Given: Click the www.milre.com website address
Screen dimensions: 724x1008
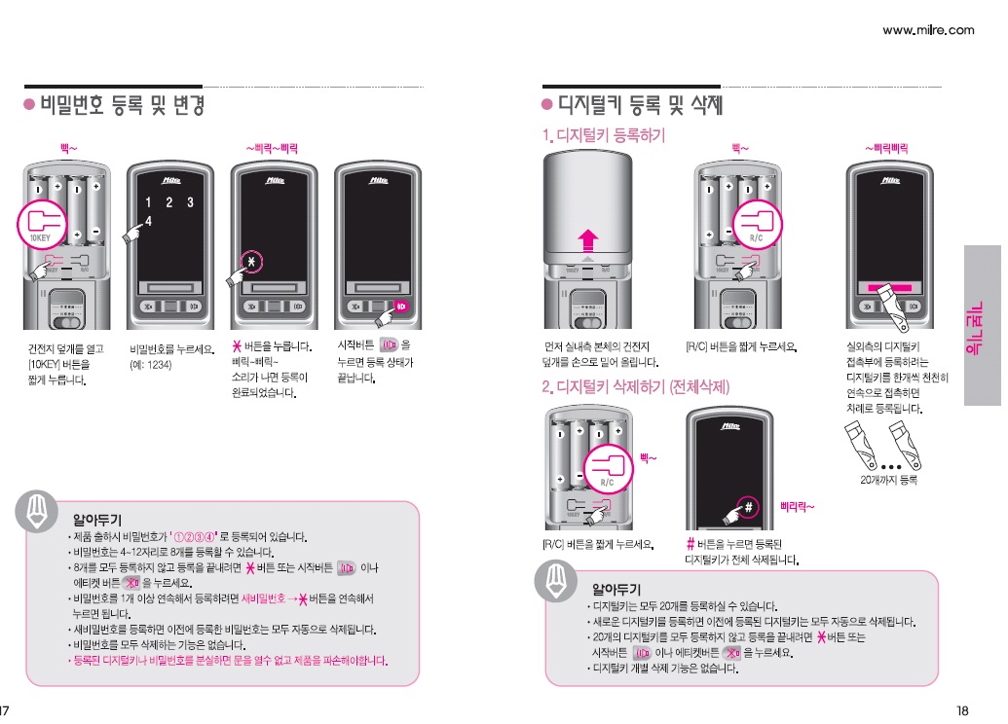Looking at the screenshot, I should click(927, 30).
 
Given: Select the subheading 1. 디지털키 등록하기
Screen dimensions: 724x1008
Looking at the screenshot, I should click(604, 135).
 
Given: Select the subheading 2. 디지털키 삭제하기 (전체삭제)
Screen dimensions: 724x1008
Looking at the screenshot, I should click(636, 387).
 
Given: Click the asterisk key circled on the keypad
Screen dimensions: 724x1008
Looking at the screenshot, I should click(251, 263).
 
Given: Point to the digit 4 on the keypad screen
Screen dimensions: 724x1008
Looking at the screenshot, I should click(149, 222).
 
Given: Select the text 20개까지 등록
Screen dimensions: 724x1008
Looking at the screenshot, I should click(888, 481).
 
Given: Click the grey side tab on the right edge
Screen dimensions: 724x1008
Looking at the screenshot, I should click(982, 324).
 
